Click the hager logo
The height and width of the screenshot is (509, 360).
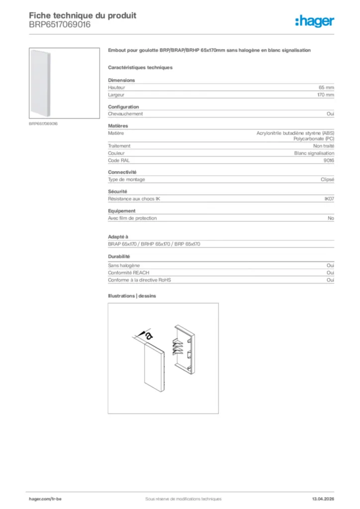tap(314, 20)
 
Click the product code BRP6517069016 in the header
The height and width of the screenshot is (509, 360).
tap(60, 24)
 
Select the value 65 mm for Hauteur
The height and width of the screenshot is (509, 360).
tap(326, 87)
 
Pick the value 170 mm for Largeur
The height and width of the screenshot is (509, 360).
tap(325, 94)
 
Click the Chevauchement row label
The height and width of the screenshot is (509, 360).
tap(125, 114)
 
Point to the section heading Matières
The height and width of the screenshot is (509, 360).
tap(118, 126)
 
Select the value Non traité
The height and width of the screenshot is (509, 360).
tap(324, 146)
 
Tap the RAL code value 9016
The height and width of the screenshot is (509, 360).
tap(329, 161)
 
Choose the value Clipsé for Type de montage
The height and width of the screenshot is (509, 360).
tap(327, 179)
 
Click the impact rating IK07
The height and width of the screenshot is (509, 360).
tap(329, 199)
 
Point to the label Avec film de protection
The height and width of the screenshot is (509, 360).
tap(132, 218)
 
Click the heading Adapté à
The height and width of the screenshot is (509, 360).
tap(118, 237)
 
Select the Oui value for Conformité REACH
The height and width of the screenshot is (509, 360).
tap(330, 273)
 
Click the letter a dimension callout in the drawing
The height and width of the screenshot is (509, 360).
tap(149, 336)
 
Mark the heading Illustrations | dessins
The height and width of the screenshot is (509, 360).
tap(132, 296)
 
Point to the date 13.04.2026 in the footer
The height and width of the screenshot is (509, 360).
tap(319, 499)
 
